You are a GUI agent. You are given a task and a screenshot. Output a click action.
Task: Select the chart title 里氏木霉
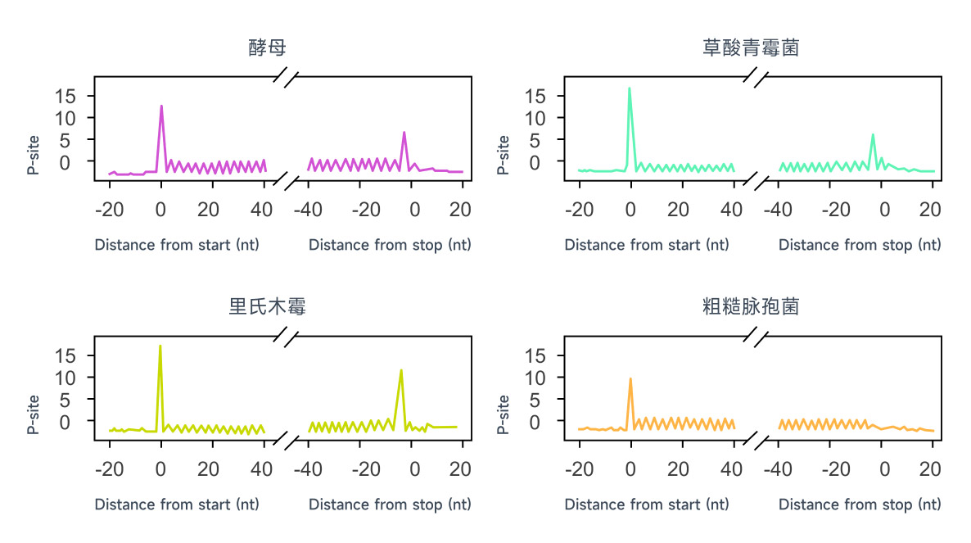[x=268, y=308]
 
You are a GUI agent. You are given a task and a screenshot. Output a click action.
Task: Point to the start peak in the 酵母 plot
[x=161, y=106]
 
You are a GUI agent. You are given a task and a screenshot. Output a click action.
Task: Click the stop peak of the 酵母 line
[x=404, y=133]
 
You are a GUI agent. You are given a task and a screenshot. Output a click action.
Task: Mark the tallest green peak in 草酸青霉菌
[x=629, y=88]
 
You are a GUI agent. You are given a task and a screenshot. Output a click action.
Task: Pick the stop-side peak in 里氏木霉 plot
[x=401, y=370]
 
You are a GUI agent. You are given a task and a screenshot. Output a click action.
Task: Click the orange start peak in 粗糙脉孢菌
[x=630, y=379]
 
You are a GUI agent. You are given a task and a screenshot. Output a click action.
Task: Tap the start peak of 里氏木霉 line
[x=160, y=346]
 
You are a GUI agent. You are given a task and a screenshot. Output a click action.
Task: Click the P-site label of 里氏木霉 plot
[x=34, y=414]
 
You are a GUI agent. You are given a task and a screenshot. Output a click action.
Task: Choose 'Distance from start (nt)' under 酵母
[x=177, y=245]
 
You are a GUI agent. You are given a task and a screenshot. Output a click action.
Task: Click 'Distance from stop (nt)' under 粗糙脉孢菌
[x=860, y=505]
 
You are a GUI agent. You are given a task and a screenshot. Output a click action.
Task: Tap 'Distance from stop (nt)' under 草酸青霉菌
[x=860, y=245]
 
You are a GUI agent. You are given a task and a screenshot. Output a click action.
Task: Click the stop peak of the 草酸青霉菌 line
[x=873, y=134]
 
